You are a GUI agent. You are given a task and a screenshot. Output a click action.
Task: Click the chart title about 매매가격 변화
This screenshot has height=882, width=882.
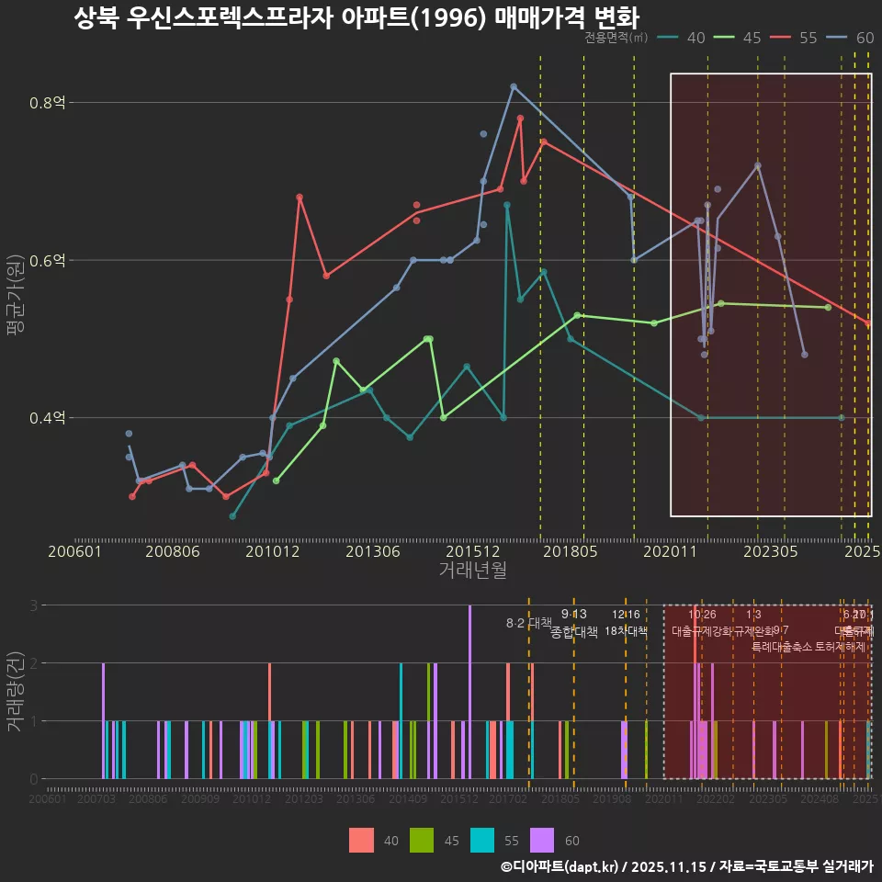tap(356, 18)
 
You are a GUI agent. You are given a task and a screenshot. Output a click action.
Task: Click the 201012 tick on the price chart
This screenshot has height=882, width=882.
tap(272, 551)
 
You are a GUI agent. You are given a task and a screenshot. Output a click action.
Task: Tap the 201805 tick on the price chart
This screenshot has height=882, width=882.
tap(570, 551)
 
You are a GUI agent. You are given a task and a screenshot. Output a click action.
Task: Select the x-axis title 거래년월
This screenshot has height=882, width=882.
tap(472, 571)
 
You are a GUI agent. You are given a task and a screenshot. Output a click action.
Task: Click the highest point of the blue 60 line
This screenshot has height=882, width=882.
tap(514, 86)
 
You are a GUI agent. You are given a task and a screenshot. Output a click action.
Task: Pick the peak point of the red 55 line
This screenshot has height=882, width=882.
tap(520, 118)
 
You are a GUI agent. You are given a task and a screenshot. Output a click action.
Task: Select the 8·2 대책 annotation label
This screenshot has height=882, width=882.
tap(529, 622)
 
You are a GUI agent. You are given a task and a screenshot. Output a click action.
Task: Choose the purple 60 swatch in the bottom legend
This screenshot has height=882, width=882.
tap(543, 840)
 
